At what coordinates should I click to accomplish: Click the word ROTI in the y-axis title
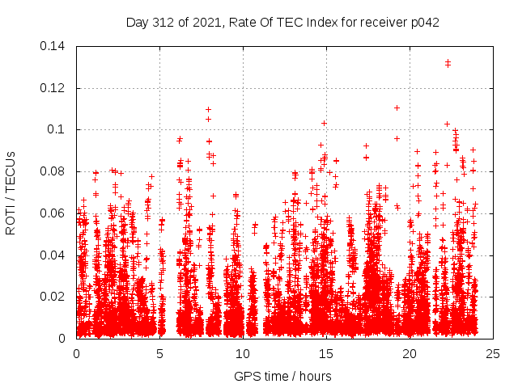(11, 221)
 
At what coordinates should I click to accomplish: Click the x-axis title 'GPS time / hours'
(282, 376)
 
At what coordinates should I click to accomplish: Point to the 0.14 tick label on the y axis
(54, 45)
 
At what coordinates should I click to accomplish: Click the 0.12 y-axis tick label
(54, 87)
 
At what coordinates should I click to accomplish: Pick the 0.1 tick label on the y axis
(58, 129)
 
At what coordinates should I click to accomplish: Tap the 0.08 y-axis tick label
(54, 171)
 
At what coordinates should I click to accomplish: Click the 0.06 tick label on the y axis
(54, 213)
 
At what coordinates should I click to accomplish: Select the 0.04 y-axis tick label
(54, 255)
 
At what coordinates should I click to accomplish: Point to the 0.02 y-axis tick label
(54, 297)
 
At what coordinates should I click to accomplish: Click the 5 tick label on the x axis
(159, 354)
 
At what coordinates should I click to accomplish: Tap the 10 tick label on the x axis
(243, 354)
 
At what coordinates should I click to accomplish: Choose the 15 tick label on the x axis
(326, 354)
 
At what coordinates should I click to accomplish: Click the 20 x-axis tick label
(410, 354)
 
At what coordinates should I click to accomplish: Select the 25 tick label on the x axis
(493, 354)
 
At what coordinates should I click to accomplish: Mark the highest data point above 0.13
(448, 61)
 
